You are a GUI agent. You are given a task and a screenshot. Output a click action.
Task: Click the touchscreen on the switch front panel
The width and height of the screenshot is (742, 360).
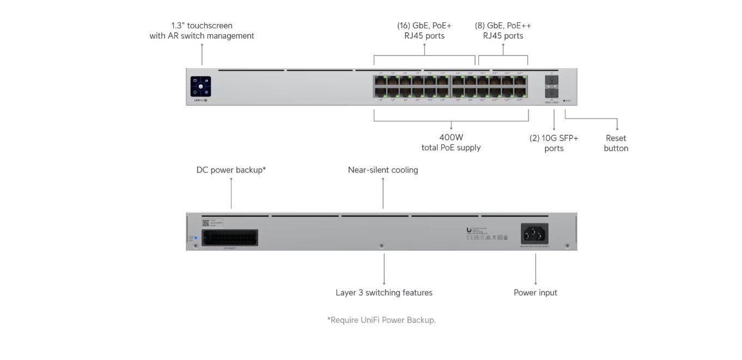(x=200, y=87)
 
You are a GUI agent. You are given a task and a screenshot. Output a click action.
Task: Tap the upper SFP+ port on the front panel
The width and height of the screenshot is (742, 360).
(x=551, y=80)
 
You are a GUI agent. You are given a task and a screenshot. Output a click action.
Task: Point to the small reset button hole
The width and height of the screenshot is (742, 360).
(x=564, y=101)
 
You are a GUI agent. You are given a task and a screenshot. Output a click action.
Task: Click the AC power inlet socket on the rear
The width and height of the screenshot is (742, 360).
(x=535, y=234)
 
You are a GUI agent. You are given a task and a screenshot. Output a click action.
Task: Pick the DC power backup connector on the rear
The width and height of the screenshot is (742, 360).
(x=229, y=237)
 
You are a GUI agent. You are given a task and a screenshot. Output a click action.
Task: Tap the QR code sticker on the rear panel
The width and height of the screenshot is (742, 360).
(x=205, y=222)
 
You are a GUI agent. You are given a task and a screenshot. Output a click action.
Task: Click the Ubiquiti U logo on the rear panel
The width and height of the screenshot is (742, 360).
(x=469, y=230)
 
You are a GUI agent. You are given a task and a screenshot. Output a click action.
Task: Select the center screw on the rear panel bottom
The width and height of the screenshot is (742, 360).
(x=381, y=246)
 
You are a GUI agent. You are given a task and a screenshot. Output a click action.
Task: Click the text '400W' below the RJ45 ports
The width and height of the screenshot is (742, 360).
(x=451, y=138)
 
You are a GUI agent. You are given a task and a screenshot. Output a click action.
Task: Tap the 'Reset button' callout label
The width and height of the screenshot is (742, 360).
(x=616, y=143)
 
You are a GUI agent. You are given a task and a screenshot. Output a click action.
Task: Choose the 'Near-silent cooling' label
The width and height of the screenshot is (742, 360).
(x=383, y=170)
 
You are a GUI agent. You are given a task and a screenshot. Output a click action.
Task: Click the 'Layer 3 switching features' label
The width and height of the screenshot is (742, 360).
(x=384, y=292)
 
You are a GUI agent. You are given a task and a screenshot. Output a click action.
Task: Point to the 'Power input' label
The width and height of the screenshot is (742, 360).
(x=536, y=292)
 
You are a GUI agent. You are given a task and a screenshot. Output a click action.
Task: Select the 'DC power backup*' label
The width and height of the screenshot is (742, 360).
(x=231, y=170)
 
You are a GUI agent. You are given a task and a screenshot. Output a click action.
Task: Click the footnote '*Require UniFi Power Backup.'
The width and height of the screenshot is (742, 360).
(x=381, y=320)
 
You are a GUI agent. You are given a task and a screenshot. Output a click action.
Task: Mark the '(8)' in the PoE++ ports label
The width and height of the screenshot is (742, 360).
(x=480, y=26)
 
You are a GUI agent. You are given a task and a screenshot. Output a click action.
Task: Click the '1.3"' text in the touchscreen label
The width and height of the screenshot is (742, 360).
(x=178, y=26)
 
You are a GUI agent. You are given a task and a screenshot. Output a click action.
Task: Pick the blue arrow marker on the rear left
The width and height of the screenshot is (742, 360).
(x=196, y=237)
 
